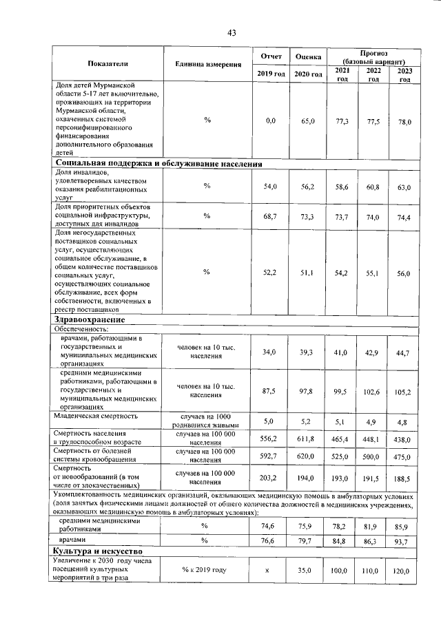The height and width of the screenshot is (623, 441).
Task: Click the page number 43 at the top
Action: [232, 33]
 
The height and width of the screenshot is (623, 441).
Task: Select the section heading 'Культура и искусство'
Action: [98, 552]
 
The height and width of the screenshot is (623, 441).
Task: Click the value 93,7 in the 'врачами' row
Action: [403, 540]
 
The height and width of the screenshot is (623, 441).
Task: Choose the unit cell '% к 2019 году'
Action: [205, 571]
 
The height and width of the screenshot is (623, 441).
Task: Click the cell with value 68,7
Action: [270, 217]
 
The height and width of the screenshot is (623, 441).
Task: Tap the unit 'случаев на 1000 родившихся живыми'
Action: [205, 421]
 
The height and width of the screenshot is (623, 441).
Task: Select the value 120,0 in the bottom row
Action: [403, 571]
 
